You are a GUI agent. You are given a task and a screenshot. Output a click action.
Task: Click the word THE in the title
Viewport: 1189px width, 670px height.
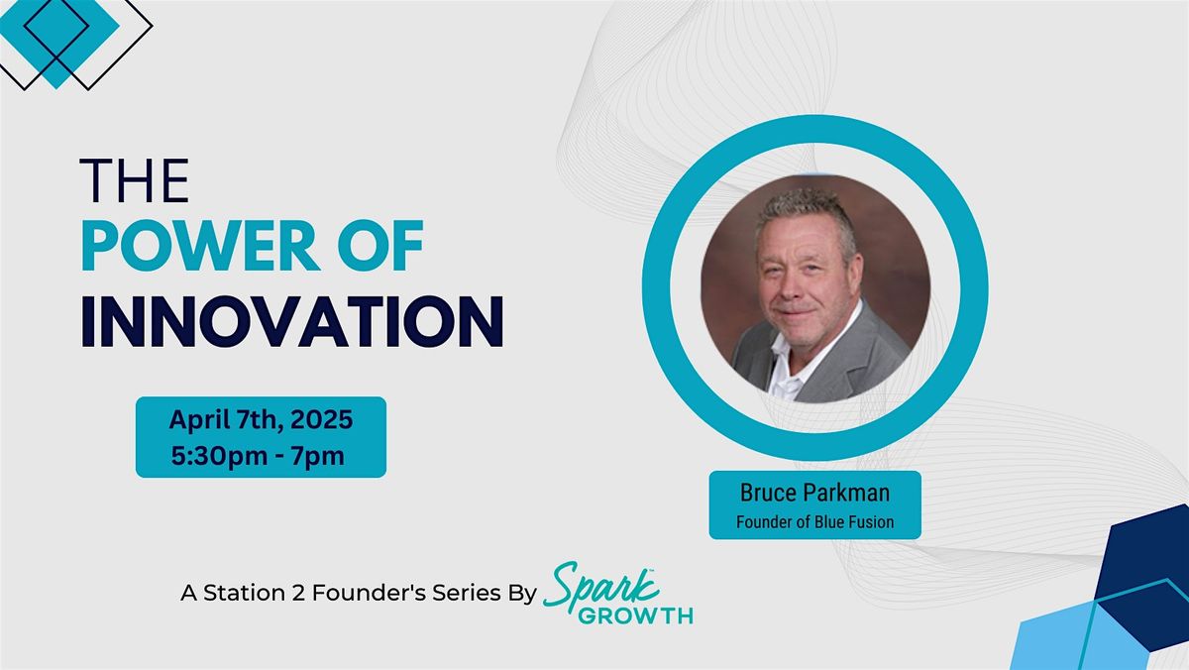click(135, 180)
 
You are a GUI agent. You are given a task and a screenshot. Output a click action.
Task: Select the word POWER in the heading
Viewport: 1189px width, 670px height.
click(200, 245)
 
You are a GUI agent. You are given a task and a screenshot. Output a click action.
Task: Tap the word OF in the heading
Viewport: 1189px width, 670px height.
click(380, 245)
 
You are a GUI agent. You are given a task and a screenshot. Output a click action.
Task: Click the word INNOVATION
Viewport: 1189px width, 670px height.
click(292, 321)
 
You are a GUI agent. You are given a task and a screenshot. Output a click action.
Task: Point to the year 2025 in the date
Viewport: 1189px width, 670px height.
click(321, 419)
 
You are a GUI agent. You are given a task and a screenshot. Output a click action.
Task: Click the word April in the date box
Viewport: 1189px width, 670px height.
click(199, 420)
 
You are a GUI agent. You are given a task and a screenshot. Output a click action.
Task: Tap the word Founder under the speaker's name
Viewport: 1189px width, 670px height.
click(764, 522)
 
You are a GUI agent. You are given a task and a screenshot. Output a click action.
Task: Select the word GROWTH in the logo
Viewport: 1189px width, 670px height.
click(635, 615)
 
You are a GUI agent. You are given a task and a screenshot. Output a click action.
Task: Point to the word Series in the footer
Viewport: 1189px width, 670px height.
click(466, 593)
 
